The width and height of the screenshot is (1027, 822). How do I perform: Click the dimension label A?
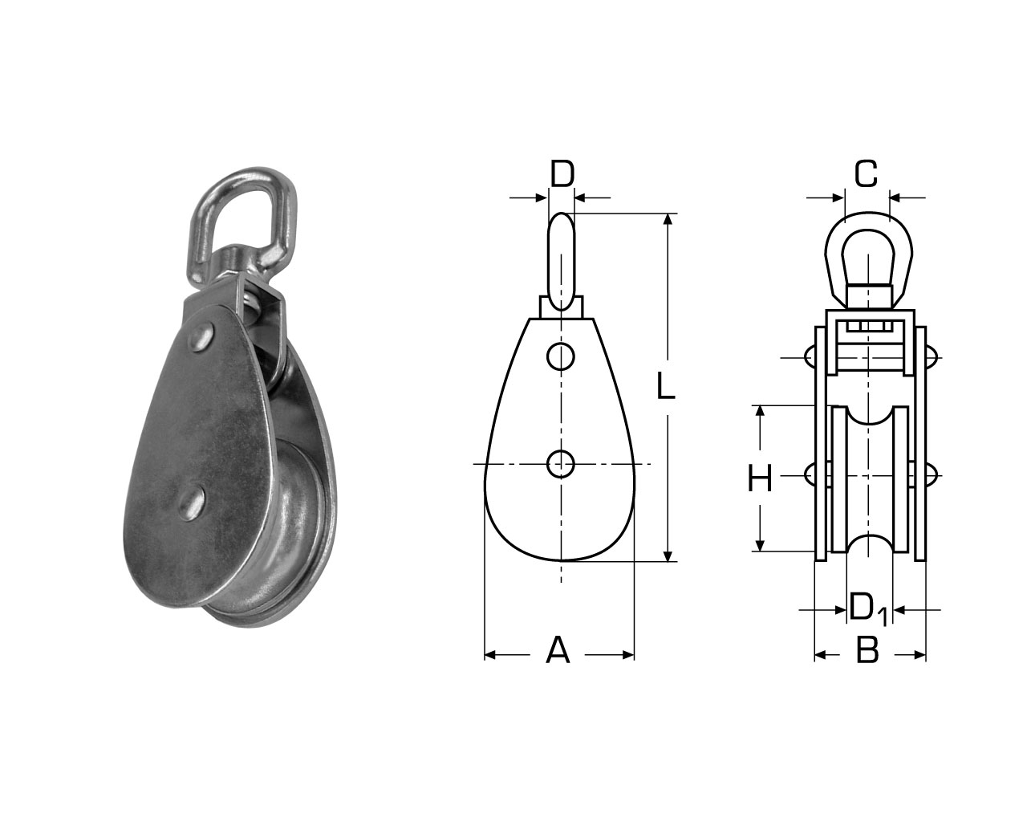pos(558,650)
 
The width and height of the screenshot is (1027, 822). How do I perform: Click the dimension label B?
pos(867,650)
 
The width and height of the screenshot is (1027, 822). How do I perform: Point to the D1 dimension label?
pos(868,609)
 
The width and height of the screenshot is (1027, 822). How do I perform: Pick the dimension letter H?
pos(760,479)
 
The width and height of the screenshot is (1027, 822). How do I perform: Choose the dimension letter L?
pos(666,386)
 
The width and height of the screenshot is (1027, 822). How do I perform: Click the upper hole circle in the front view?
pos(561,356)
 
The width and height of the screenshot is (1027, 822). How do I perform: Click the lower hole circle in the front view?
pos(561,463)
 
